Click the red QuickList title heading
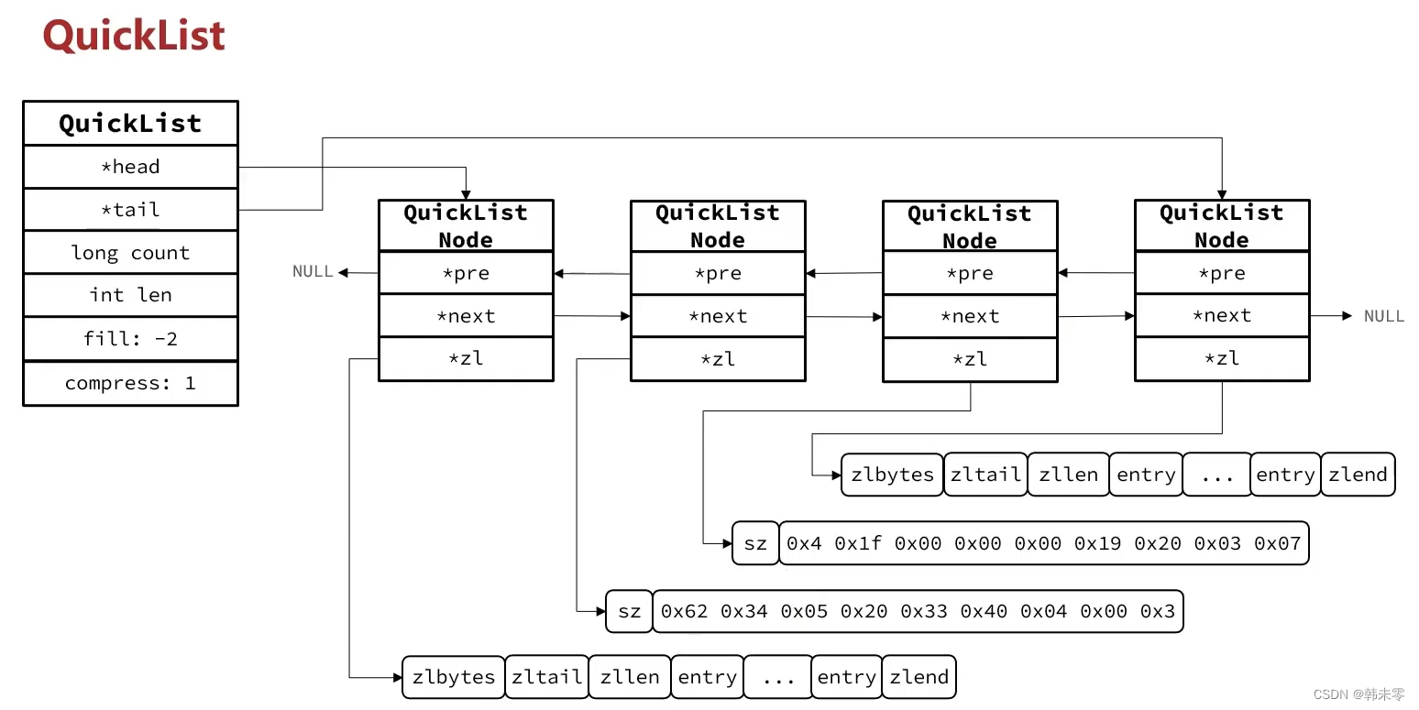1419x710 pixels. coord(134,37)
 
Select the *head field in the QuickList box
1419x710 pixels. coord(130,167)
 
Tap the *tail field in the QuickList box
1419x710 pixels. coord(130,210)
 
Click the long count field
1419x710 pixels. coord(130,253)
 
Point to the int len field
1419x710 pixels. coord(130,295)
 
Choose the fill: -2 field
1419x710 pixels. coord(130,339)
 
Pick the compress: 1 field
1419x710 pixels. coord(130,383)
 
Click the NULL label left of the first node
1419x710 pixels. coord(313,271)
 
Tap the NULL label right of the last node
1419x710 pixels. coord(1384,316)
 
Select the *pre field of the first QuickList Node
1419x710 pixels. coord(466,273)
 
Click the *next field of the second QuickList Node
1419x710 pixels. coord(718,316)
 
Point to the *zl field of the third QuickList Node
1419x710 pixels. coord(970,359)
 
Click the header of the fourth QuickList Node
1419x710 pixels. coord(1222,226)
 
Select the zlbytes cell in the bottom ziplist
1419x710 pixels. coord(454,677)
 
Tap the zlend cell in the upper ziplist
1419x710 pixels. coord(1358,475)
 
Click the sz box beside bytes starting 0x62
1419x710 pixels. coord(629,611)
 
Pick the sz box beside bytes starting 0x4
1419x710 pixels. coord(755,543)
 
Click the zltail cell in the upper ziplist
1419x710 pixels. coord(985,475)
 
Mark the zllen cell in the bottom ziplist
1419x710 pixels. coord(630,677)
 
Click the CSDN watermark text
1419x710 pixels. coord(1358,695)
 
